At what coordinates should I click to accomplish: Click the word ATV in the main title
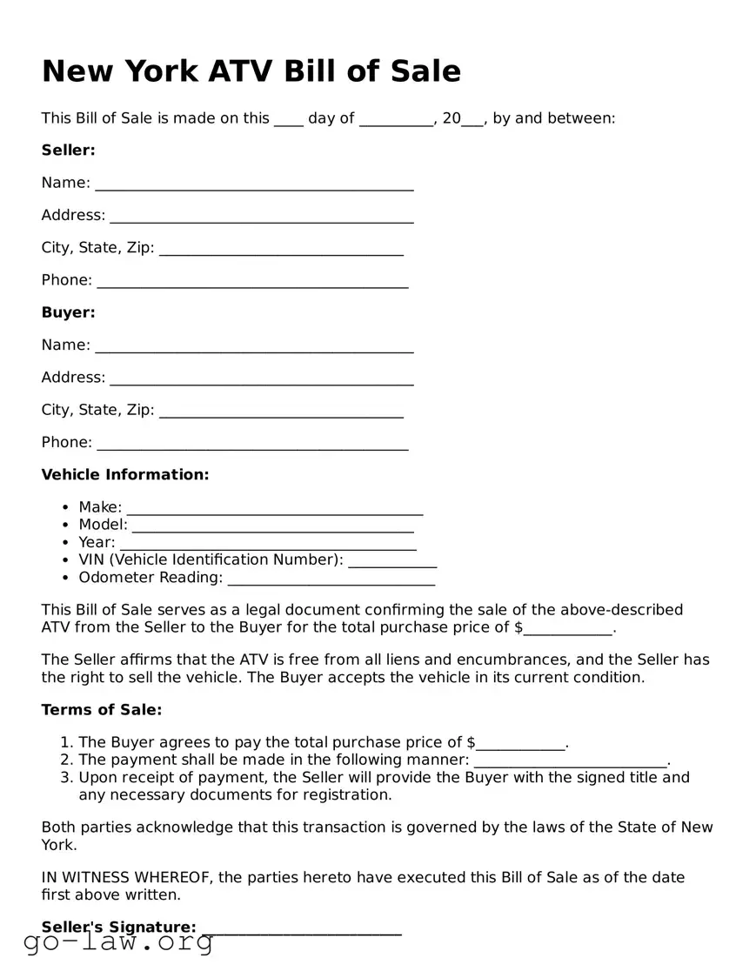(242, 71)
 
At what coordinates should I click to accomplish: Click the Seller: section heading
(68, 151)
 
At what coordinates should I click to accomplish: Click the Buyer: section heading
(68, 312)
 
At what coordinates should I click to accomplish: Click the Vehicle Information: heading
(125, 475)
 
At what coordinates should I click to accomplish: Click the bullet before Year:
(66, 543)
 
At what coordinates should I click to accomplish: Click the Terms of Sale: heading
(102, 710)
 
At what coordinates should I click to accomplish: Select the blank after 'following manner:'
(571, 763)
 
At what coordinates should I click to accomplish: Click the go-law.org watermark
(118, 942)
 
